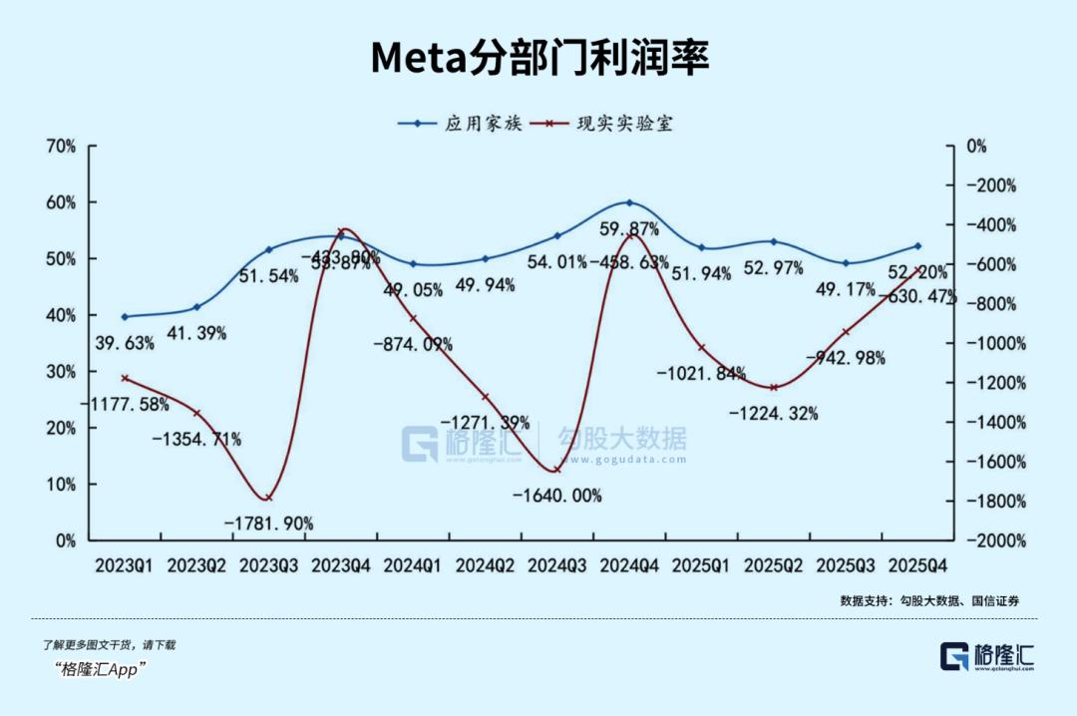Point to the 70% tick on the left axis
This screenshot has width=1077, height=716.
pyautogui.click(x=61, y=146)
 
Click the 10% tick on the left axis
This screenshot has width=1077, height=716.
pyautogui.click(x=61, y=485)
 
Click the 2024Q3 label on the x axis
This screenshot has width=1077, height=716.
pyautogui.click(x=557, y=565)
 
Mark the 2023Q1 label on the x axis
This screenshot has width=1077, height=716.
pyautogui.click(x=125, y=565)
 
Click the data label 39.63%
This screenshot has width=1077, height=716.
pyautogui.click(x=125, y=344)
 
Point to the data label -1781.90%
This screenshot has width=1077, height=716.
pyautogui.click(x=268, y=523)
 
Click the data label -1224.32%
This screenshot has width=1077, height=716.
pyautogui.click(x=773, y=412)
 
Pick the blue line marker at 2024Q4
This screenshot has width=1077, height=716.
pyautogui.click(x=629, y=202)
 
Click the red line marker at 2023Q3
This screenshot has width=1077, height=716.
pyautogui.click(x=267, y=498)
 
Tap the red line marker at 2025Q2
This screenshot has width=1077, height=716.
pyautogui.click(x=773, y=387)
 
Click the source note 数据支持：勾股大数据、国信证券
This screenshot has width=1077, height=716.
pyautogui.click(x=929, y=601)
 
